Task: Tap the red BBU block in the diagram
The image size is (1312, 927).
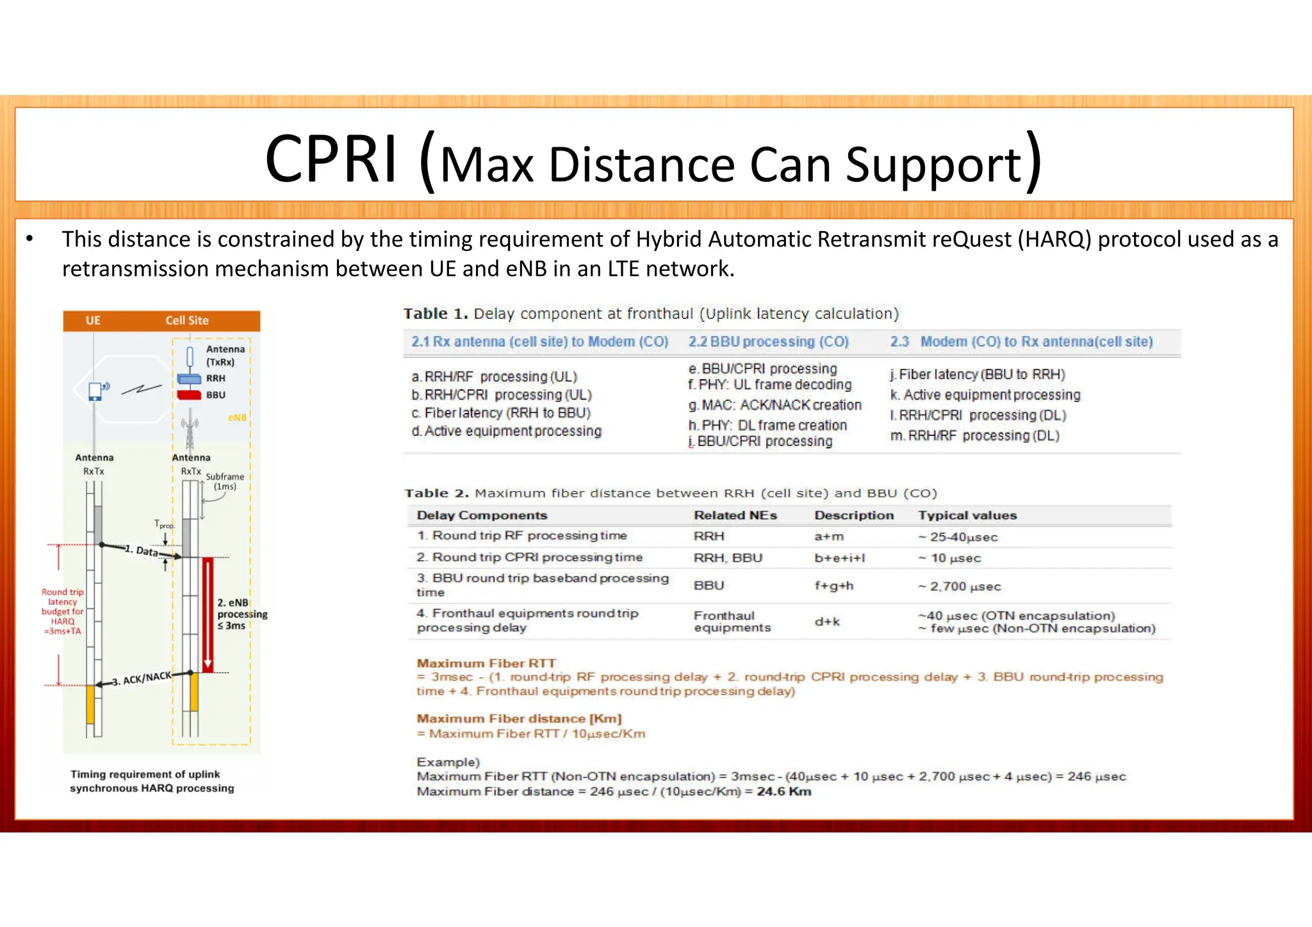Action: pyautogui.click(x=189, y=395)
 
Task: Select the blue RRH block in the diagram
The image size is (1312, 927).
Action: pyautogui.click(x=189, y=378)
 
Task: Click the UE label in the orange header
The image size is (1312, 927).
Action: pyautogui.click(x=93, y=321)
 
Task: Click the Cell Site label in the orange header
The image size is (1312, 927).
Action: pyautogui.click(x=187, y=321)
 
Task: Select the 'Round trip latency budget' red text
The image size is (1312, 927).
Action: pyautogui.click(x=63, y=611)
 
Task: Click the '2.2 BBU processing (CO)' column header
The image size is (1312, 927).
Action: pyautogui.click(x=768, y=342)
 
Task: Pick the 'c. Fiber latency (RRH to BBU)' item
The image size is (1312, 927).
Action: pyautogui.click(x=501, y=413)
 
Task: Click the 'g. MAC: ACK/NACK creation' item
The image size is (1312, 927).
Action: pyautogui.click(x=775, y=405)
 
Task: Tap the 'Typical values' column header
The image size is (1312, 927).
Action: pyautogui.click(x=967, y=515)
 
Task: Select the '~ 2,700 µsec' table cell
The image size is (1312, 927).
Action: pyautogui.click(x=958, y=586)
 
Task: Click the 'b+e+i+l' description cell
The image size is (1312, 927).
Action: pyautogui.click(x=839, y=558)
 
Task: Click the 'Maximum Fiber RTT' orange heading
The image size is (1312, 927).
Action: pyautogui.click(x=486, y=663)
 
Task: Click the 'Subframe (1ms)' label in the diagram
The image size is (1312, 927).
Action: pyautogui.click(x=225, y=481)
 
